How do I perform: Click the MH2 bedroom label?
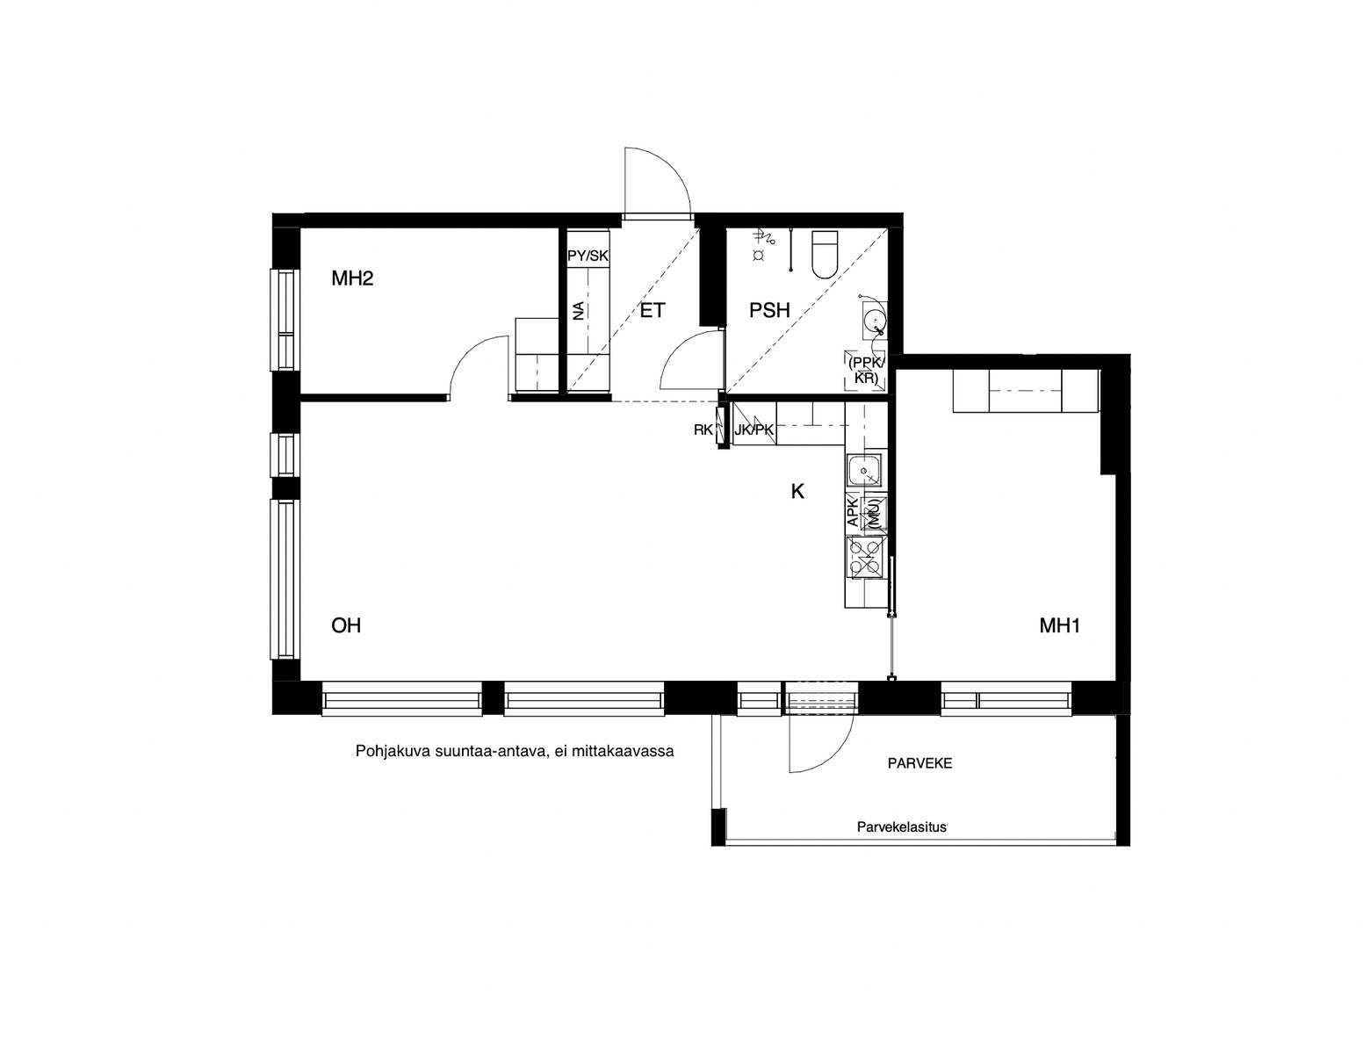(352, 278)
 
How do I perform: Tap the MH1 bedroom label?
(1060, 625)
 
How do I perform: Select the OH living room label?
(346, 625)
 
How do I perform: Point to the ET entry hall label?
(653, 310)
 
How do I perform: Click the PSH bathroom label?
(769, 310)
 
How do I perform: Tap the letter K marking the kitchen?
(797, 492)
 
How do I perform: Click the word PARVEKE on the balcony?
(919, 763)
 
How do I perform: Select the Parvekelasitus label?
(902, 827)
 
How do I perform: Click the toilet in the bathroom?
(824, 255)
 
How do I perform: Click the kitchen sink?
(864, 470)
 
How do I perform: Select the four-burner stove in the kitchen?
(866, 557)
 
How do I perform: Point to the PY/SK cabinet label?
(588, 256)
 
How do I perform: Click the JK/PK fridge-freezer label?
(754, 430)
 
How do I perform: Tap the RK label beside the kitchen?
(703, 430)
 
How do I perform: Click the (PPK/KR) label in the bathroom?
(866, 370)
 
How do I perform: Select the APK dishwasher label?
(853, 511)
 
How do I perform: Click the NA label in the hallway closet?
(578, 311)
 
